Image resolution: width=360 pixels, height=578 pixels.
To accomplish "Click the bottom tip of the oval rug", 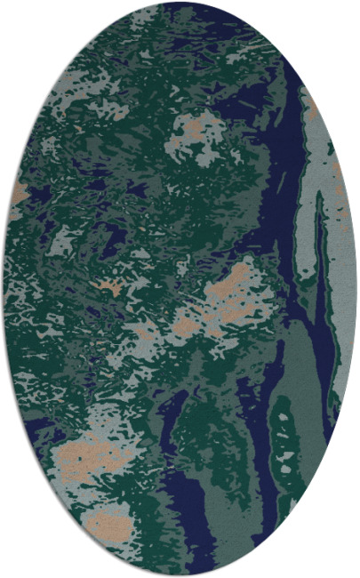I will [180, 574].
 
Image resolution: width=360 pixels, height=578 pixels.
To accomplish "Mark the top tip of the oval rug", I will [180, 4].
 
